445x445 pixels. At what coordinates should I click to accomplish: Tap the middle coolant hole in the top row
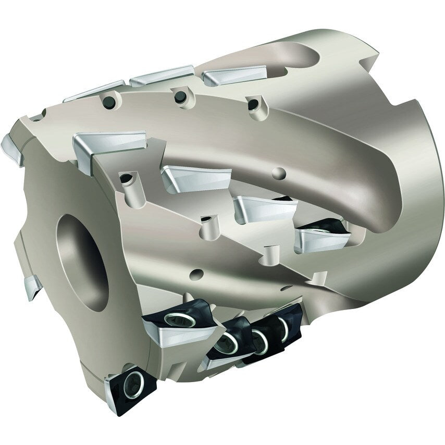coord(180,96)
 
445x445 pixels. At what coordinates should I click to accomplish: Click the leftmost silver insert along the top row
coord(96,91)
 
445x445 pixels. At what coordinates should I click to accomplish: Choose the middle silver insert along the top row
coord(162,76)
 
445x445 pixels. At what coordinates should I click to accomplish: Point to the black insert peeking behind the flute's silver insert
coord(326,226)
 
